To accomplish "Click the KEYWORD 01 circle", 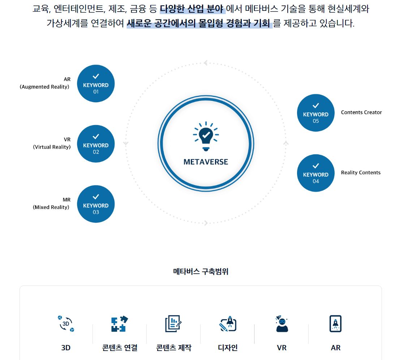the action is (x=96, y=83).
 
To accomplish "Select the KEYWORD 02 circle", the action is (x=96, y=144).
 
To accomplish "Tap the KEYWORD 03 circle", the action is (x=96, y=204).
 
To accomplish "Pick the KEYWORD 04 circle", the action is (x=315, y=173).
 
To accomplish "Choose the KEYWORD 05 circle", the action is (x=315, y=113).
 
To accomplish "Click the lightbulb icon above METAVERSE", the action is (x=206, y=136).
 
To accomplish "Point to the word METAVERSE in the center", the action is (x=206, y=162).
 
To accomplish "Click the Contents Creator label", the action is (x=361, y=112).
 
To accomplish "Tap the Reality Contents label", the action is (x=361, y=173).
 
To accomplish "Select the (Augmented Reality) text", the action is (x=44, y=87).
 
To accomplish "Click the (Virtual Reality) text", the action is (x=52, y=147).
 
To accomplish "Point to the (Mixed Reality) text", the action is (x=51, y=207).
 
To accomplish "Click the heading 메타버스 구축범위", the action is (x=201, y=271).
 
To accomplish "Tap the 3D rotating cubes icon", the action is (x=66, y=323).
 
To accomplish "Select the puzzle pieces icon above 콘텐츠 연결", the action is (x=120, y=323).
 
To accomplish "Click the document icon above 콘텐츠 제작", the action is (x=173, y=323).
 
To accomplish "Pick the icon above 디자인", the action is (x=228, y=323).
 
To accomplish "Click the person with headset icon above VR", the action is (x=281, y=323).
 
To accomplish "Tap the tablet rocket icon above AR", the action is (x=335, y=323).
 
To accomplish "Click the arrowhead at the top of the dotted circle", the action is (x=205, y=63).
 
